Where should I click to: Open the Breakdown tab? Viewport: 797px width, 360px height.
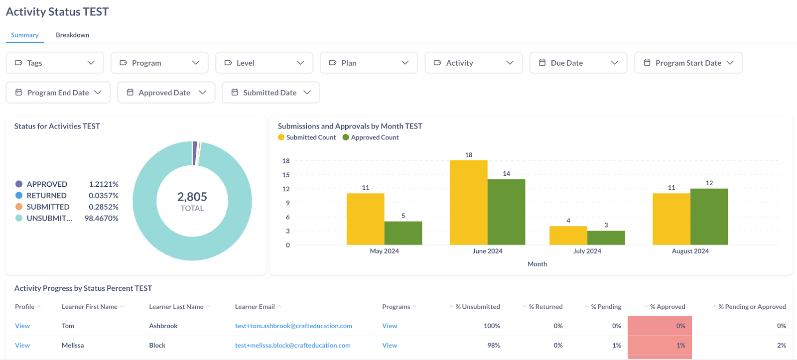click(72, 35)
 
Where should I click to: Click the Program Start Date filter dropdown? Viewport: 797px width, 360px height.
click(688, 63)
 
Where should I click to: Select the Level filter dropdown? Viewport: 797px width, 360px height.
click(264, 63)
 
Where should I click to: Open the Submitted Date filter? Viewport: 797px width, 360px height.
click(270, 93)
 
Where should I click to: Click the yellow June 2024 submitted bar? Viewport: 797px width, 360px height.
click(468, 203)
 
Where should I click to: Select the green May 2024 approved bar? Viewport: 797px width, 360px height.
click(403, 233)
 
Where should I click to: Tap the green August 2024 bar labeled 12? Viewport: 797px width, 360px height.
click(709, 217)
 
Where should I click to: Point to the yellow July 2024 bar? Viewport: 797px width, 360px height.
click(568, 236)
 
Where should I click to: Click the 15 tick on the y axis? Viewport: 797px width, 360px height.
click(286, 175)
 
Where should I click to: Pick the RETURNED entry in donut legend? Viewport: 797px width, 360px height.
click(46, 196)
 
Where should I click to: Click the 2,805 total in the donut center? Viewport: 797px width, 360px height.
click(192, 197)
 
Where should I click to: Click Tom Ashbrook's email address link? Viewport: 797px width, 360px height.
click(293, 326)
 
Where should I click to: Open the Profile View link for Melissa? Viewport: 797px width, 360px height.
click(22, 346)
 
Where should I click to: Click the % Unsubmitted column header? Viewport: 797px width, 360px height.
click(477, 307)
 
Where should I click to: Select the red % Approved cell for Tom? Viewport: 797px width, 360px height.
click(660, 326)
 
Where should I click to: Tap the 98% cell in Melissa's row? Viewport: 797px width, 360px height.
click(494, 346)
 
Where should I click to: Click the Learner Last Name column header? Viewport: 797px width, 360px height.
click(176, 307)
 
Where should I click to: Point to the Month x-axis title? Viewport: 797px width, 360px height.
click(537, 264)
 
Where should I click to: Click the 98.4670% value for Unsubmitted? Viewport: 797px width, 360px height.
click(102, 219)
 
